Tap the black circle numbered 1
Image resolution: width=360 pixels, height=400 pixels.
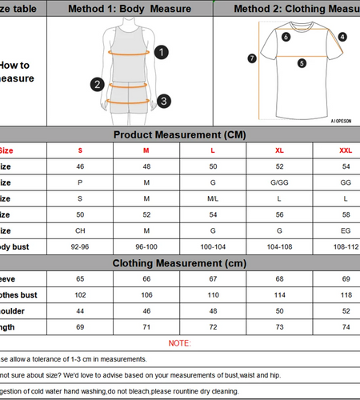pyautogui.click(x=162, y=52)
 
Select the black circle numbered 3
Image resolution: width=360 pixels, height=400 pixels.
pyautogui.click(x=163, y=101)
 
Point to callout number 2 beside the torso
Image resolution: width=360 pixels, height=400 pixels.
pyautogui.click(x=98, y=84)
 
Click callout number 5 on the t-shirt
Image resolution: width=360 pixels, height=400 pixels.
pyautogui.click(x=302, y=63)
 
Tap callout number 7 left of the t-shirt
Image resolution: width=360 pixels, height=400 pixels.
pyautogui.click(x=252, y=58)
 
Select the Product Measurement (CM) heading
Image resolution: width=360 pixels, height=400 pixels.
pyautogui.click(x=179, y=134)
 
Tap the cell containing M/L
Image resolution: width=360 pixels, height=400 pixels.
pyautogui.click(x=213, y=198)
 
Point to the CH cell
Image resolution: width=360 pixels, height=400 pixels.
pyautogui.click(x=80, y=231)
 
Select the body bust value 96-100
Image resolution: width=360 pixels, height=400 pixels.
pyautogui.click(x=146, y=247)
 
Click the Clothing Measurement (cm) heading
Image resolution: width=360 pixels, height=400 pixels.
pyautogui.click(x=179, y=263)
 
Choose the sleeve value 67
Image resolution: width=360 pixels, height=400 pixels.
pyautogui.click(x=213, y=279)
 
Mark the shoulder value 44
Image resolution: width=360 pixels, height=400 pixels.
pyautogui.click(x=80, y=310)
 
